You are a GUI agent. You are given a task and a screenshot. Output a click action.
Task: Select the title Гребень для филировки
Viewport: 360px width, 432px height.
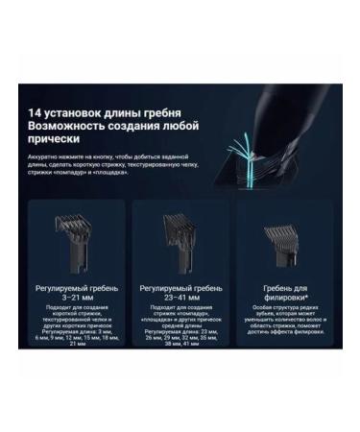click(285, 291)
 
